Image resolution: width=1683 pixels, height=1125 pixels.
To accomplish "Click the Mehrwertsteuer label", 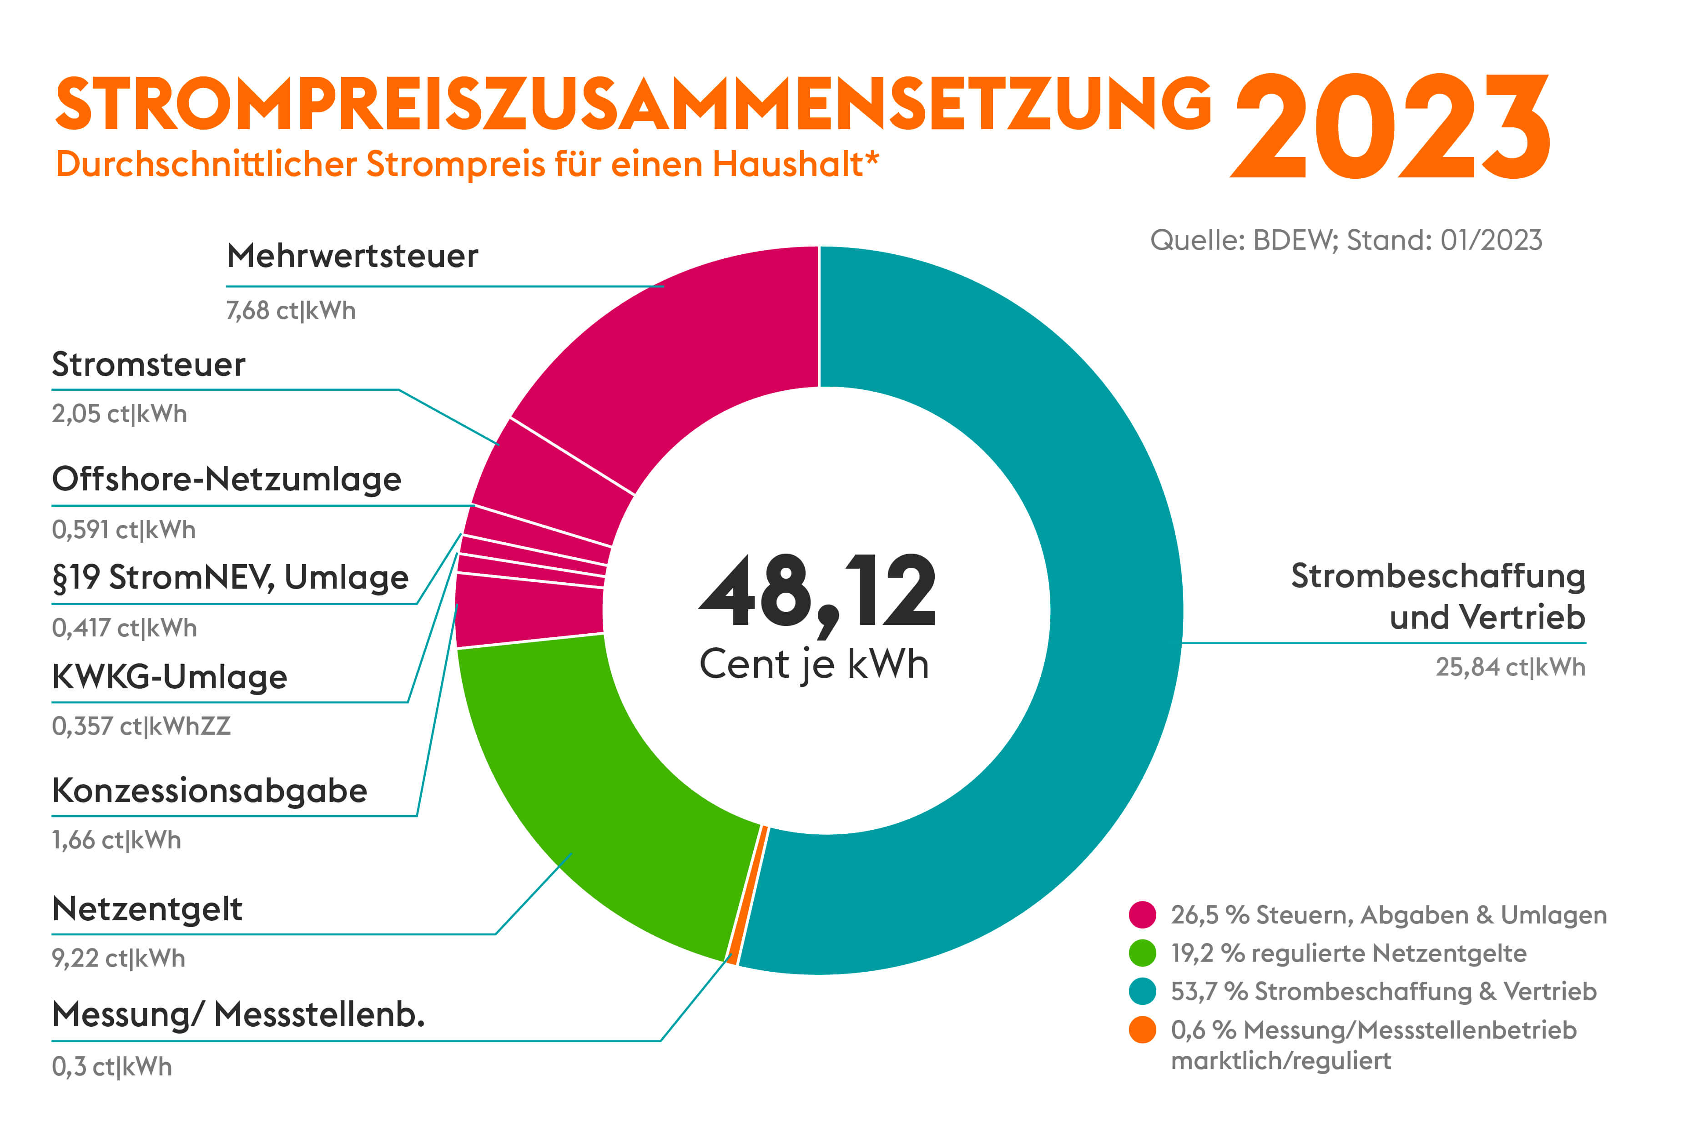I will pos(352,256).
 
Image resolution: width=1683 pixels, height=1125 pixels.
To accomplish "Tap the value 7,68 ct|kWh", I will pos(291,311).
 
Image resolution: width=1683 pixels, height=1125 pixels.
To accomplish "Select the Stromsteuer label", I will pos(148,364).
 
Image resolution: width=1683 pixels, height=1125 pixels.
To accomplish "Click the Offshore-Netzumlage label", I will pos(226,479).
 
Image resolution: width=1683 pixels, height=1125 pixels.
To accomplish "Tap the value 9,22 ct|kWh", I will pos(118,959).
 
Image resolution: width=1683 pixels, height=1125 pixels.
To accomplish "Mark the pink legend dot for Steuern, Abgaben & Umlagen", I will pos(1142,915).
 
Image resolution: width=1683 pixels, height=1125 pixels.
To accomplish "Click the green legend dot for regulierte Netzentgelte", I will pos(1142,953).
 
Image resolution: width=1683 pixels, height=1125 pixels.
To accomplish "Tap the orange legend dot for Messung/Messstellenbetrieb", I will pos(1142,1030).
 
